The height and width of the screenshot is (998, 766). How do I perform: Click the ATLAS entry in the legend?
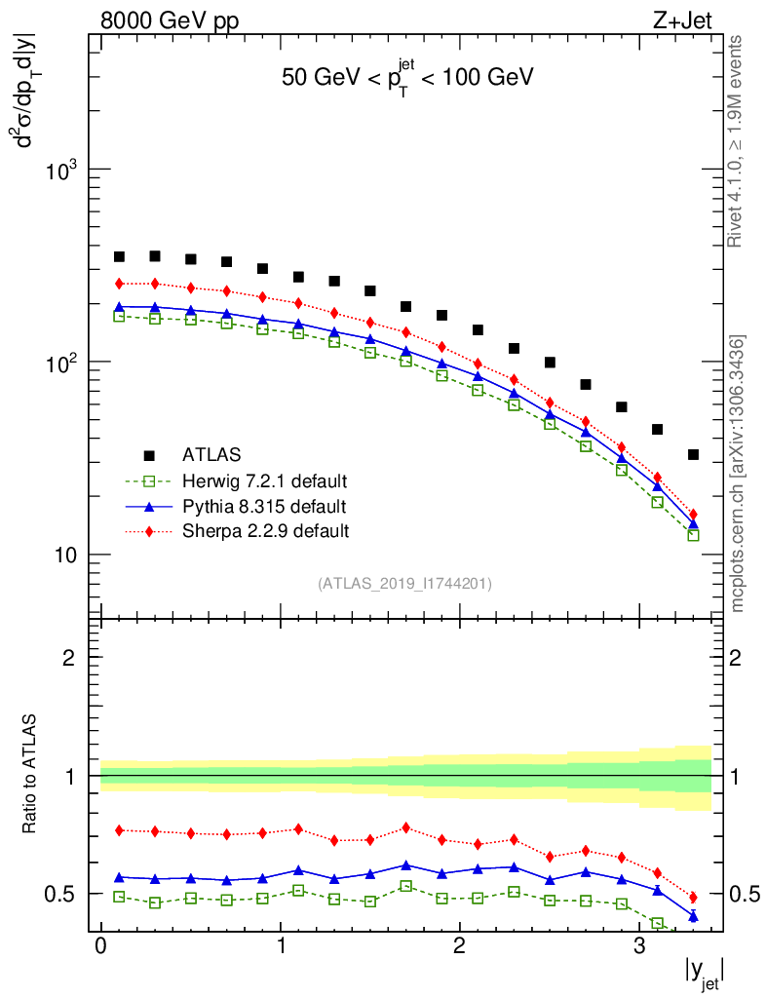[212, 454]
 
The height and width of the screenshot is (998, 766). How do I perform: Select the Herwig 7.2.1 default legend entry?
[264, 480]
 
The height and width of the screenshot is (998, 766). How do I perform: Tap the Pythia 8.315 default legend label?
[263, 506]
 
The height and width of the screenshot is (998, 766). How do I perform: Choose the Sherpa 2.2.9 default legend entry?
[265, 531]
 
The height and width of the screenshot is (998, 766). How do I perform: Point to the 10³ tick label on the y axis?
[64, 170]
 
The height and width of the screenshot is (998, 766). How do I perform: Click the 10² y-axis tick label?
[64, 363]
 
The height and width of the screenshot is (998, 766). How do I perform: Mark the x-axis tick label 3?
[639, 946]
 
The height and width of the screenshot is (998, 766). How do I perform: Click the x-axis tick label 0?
[100, 946]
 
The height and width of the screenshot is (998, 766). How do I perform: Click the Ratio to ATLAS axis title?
[30, 776]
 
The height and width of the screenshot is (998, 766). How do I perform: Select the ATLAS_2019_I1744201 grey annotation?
[404, 584]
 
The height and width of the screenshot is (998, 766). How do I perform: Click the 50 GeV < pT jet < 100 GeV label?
[407, 78]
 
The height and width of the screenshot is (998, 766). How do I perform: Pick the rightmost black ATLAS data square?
[693, 455]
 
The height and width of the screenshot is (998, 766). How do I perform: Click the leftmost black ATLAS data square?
[119, 257]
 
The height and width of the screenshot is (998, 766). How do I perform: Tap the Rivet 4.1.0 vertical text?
[737, 141]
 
